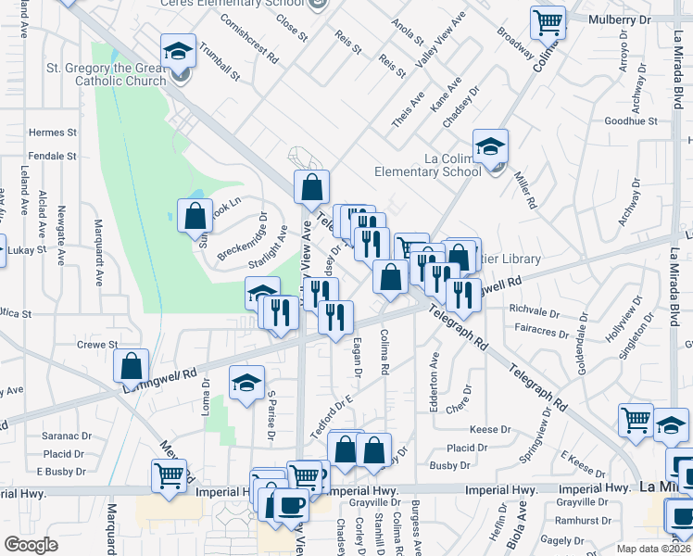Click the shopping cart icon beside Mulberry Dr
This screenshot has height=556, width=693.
(548, 21)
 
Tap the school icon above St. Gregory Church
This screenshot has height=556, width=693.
(177, 52)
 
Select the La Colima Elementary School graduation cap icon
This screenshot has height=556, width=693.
(491, 146)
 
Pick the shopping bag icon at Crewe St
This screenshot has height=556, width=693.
(132, 364)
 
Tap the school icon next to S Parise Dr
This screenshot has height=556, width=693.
(246, 383)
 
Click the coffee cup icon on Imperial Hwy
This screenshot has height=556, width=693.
(293, 504)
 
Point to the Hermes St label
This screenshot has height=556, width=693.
(52, 133)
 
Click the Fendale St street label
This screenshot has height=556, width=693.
(52, 156)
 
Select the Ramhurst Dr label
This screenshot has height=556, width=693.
(586, 522)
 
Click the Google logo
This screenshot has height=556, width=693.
(31, 545)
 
